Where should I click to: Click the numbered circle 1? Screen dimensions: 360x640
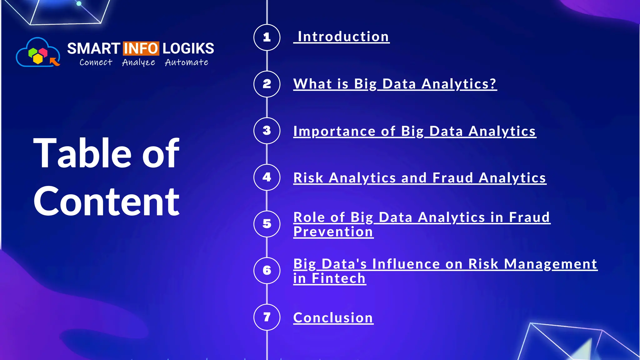pos(267,37)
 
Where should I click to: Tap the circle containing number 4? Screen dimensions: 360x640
pos(267,177)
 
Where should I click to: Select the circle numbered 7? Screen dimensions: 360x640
pos(267,317)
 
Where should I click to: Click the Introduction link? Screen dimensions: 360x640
pos(343,37)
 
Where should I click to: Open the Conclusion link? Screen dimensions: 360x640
pos(333,318)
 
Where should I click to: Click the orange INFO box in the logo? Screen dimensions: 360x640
pos(141,48)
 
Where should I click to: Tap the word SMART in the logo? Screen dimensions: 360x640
pos(93,49)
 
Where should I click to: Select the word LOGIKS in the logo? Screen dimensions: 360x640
pos(188,49)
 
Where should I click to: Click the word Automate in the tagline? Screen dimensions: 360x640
pos(187,62)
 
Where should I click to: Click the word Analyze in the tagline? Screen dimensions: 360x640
pos(138,62)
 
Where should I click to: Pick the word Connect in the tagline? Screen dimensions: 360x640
pos(96,62)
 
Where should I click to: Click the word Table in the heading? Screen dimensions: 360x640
pos(82,153)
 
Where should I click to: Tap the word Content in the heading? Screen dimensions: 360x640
pos(106,202)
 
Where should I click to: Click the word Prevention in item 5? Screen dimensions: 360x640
pos(333,232)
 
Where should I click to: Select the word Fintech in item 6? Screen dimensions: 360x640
pos(338,278)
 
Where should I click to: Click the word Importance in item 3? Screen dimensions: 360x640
pos(334,131)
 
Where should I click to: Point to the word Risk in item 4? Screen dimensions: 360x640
pos(308,178)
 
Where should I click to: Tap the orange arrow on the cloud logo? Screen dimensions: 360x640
pos(55,62)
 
